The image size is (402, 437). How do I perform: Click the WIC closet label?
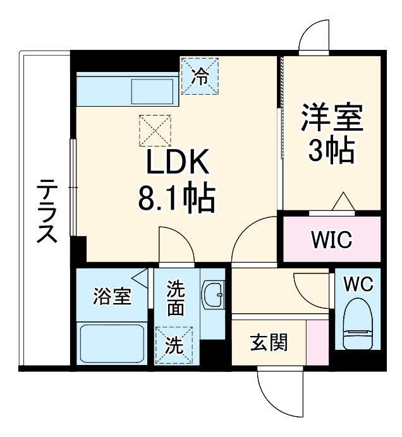point(331,240)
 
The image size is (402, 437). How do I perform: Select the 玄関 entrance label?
point(269,343)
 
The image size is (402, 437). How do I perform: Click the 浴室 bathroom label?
point(113,296)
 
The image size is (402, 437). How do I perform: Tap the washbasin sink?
point(214,294)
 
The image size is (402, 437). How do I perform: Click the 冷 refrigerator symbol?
point(200,76)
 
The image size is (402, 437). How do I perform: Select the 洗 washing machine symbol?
point(174,345)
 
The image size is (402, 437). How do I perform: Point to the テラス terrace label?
point(46,212)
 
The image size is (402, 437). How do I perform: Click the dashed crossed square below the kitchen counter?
point(155,129)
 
